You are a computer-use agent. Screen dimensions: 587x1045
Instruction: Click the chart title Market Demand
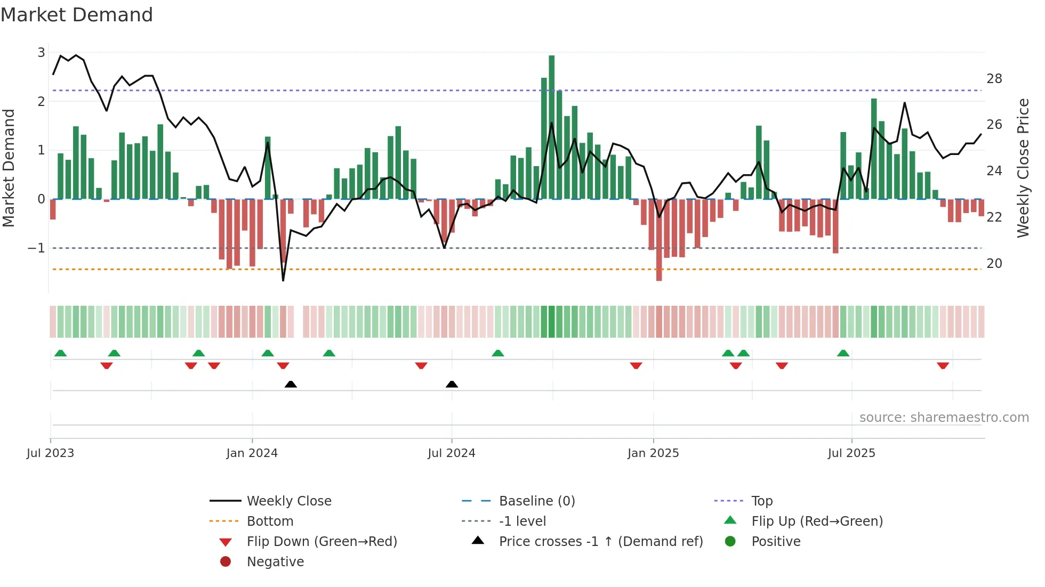(x=77, y=15)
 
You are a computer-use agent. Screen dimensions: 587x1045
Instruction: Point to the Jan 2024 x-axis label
(x=252, y=453)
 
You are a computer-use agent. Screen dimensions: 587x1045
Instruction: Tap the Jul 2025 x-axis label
(x=851, y=453)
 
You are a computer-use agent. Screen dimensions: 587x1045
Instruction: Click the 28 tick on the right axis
(x=994, y=79)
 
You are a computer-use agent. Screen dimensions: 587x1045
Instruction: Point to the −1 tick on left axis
(x=36, y=248)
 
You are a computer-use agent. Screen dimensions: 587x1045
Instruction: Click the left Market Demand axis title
(x=9, y=168)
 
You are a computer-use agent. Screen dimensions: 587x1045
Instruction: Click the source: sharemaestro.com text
(x=944, y=418)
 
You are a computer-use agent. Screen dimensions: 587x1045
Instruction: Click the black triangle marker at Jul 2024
(x=452, y=385)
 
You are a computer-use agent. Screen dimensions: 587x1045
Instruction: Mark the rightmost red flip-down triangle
(x=943, y=365)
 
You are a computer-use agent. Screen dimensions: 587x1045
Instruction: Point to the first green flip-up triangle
(x=61, y=353)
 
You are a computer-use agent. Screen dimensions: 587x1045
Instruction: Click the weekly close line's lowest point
(x=283, y=280)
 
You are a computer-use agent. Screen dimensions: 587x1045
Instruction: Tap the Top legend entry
(x=762, y=501)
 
